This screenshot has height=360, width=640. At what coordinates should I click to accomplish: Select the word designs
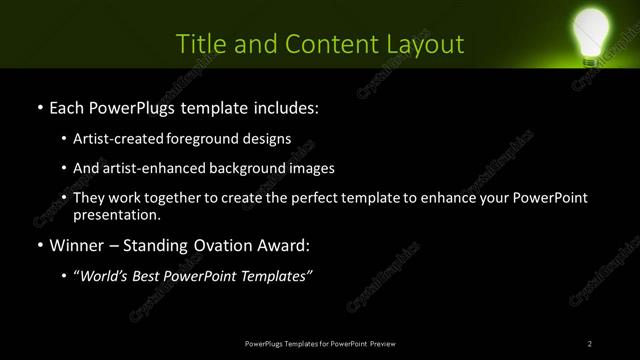pyautogui.click(x=267, y=138)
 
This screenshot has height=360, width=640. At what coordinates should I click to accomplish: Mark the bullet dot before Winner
pyautogui.click(x=39, y=246)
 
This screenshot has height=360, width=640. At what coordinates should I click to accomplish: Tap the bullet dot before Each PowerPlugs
pyautogui.click(x=39, y=106)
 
